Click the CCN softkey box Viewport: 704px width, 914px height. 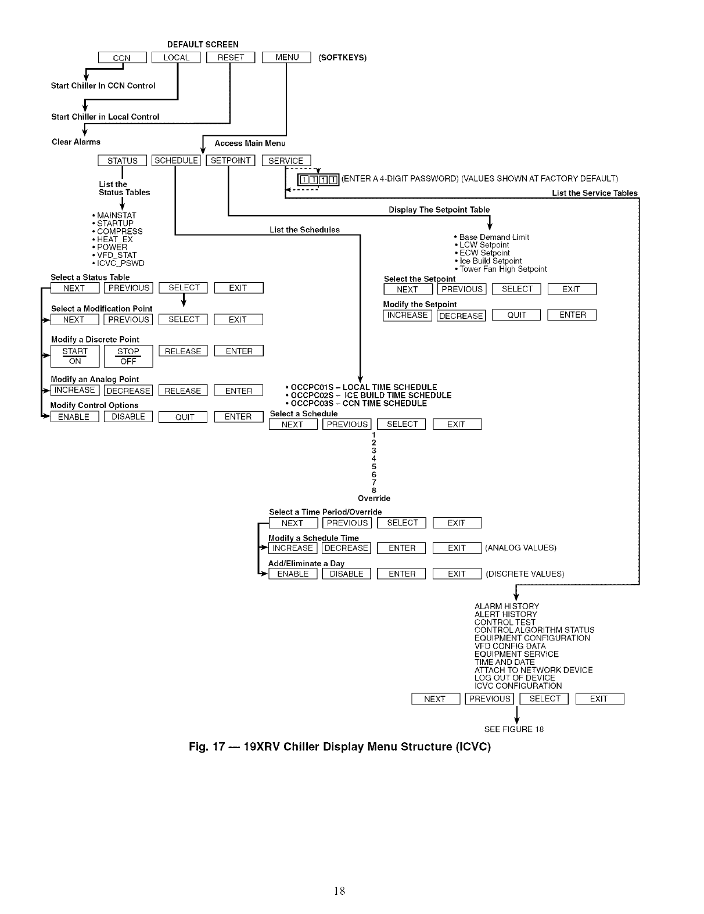pos(122,57)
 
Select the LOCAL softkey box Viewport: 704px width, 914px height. pos(176,57)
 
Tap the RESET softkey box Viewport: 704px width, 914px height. pos(231,57)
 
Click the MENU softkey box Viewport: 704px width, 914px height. pos(286,57)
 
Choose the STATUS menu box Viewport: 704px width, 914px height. pos(122,161)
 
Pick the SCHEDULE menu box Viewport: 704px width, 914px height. pos(176,161)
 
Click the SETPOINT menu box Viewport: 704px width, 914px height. pos(231,161)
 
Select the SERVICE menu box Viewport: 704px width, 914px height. pos(286,161)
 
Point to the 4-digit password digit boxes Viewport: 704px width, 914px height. pos(318,179)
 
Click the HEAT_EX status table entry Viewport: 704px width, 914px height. pos(115,239)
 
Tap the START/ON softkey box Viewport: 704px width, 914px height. pos(75,356)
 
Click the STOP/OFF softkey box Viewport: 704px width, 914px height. pos(128,356)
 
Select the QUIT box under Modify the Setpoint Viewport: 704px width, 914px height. pos(516,315)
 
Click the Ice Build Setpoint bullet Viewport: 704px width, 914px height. pos(490,261)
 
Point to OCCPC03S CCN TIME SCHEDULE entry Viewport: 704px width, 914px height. pos(358,404)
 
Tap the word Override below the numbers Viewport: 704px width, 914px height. pos(374,498)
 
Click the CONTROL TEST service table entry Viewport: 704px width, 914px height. pos(505,622)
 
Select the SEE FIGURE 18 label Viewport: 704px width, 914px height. pos(513,729)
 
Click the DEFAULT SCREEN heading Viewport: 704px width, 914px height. pos(203,45)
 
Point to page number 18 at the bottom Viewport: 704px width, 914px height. pos(340,891)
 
